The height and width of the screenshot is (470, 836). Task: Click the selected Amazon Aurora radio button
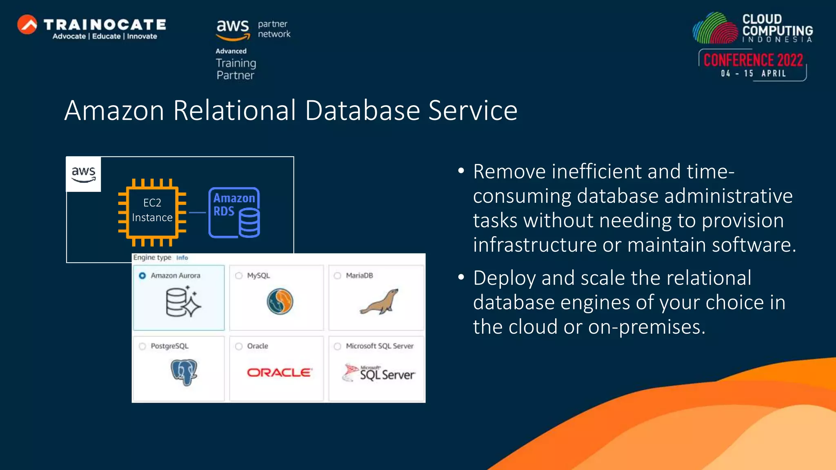pos(142,276)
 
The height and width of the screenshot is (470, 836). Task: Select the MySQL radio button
pos(239,276)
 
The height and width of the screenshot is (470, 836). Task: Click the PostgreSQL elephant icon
pos(184,372)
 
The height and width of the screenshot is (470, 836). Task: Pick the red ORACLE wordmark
pos(279,372)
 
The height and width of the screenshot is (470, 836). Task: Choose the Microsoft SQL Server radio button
pos(338,346)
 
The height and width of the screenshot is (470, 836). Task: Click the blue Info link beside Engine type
pos(182,258)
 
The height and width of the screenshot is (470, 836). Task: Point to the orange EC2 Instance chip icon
pos(152,213)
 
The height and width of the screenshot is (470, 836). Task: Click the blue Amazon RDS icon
pos(234,213)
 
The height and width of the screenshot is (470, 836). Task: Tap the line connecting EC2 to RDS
pos(198,213)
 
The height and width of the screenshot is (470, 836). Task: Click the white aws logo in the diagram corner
pos(84,174)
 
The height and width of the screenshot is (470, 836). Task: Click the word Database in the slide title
pos(362,111)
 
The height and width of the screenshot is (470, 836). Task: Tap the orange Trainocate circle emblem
pos(27,24)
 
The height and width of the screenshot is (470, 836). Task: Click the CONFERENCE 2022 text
pos(753,60)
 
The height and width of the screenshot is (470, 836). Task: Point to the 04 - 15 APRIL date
pos(753,74)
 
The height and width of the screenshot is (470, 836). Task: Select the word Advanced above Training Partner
pos(231,51)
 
